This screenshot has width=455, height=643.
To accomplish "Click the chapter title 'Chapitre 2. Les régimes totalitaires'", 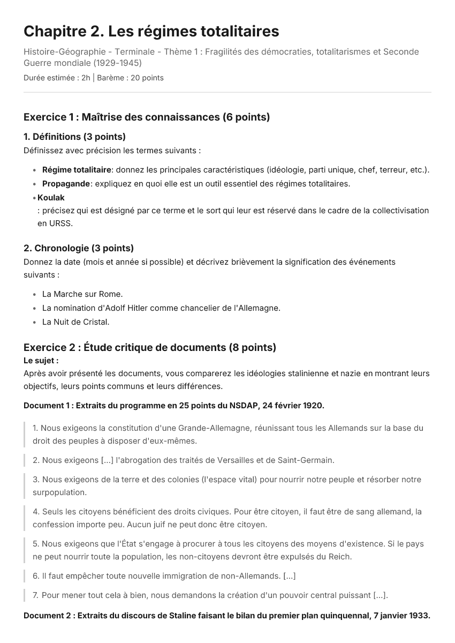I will (151, 32).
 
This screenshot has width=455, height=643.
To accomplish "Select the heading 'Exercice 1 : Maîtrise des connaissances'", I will (147, 117).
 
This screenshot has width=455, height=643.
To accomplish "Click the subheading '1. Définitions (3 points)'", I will (74, 137).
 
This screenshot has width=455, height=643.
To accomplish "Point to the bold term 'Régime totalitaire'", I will (77, 170).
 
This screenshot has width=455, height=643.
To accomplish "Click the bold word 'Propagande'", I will (66, 184).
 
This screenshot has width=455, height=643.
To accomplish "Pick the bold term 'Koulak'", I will (51, 198).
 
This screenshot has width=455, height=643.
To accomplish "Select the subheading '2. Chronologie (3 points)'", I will (79, 248).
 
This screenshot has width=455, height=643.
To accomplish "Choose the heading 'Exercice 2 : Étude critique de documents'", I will (150, 347).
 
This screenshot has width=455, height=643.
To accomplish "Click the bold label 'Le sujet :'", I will (41, 361).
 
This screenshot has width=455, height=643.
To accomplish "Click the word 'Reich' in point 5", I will (339, 556).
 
